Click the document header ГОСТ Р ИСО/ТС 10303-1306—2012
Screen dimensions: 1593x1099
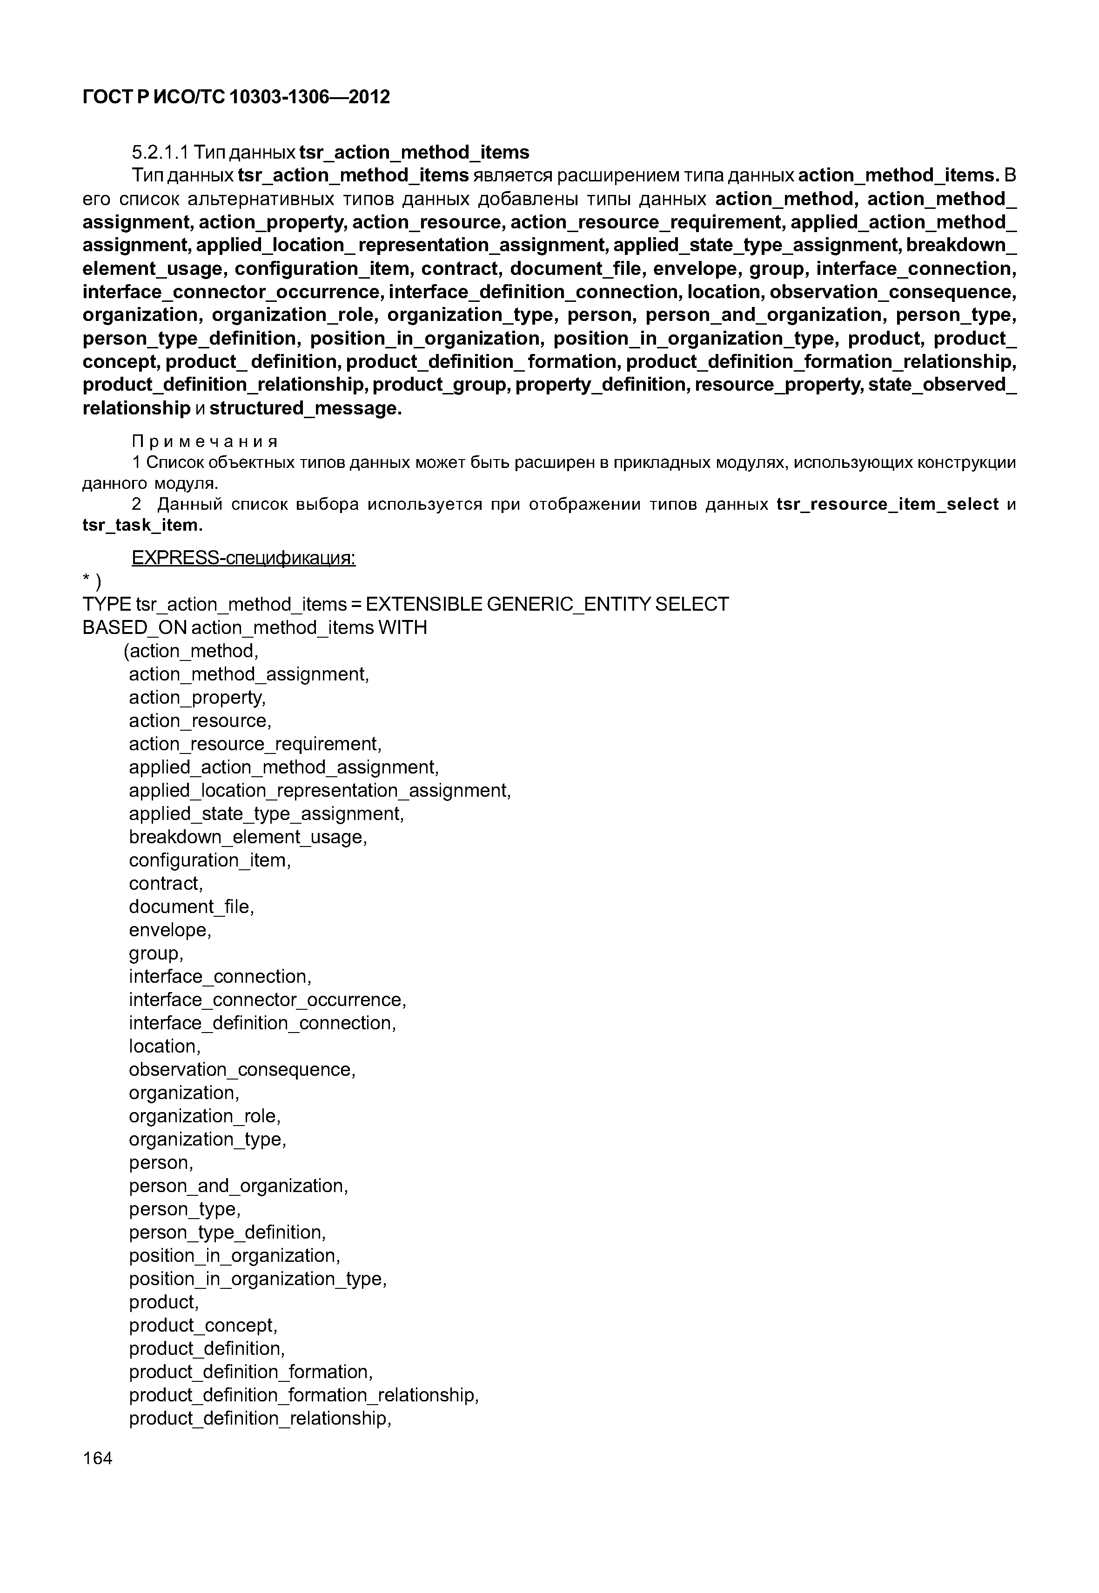pos(236,97)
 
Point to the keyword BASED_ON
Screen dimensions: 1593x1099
pos(134,628)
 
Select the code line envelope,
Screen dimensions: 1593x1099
pos(170,930)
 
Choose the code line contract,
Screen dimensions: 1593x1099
pos(166,883)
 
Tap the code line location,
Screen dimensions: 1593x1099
pos(165,1046)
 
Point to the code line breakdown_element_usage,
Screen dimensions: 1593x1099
pos(248,837)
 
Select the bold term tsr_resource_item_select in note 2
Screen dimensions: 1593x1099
pos(887,505)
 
